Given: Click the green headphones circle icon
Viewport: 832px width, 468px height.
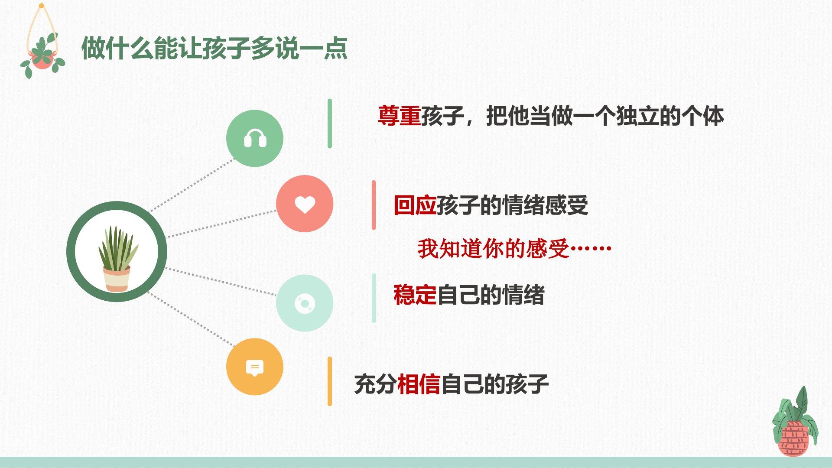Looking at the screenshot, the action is (x=255, y=138).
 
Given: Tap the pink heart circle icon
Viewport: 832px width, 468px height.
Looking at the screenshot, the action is (x=305, y=204).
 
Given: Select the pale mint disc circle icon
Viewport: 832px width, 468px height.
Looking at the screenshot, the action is (x=305, y=303).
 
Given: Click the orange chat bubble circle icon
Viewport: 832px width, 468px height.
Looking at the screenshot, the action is (x=255, y=367).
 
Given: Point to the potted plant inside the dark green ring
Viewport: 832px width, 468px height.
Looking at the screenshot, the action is (x=117, y=259).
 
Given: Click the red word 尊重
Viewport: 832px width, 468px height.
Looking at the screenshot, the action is (x=399, y=116).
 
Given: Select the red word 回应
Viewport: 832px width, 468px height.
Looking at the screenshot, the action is (x=415, y=205).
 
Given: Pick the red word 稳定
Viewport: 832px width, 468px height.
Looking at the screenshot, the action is (x=415, y=295).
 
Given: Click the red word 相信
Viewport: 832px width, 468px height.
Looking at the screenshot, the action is (x=419, y=384).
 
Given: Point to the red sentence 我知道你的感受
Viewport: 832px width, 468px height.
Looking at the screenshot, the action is (x=493, y=249).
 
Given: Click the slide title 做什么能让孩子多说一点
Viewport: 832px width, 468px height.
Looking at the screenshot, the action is (x=214, y=48).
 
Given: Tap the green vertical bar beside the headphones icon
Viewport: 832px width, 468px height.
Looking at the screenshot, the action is (x=330, y=123).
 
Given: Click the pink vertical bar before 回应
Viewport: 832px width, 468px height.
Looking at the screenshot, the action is (x=374, y=205).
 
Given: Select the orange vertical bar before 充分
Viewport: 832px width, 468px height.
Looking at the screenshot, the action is (x=330, y=381).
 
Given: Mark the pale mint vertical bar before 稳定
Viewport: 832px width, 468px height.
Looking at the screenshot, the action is (x=374, y=298).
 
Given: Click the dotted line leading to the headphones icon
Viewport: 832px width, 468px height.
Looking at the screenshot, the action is (x=192, y=185).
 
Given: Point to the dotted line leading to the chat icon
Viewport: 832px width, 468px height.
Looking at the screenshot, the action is (x=191, y=319).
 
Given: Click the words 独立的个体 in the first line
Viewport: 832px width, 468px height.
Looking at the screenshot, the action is (x=670, y=116).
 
